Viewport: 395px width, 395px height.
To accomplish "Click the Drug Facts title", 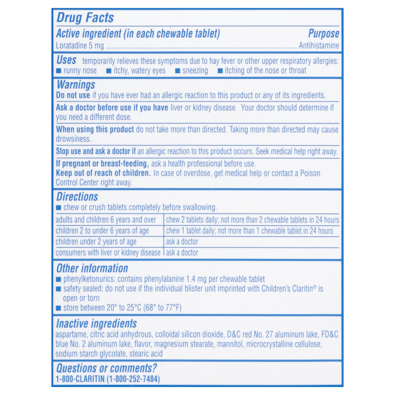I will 85,18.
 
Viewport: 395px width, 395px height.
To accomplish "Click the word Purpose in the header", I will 323,34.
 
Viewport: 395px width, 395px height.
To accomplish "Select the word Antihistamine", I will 319,45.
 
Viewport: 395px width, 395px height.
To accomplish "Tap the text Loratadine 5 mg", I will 80,45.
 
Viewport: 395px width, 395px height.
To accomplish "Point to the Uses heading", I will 66,60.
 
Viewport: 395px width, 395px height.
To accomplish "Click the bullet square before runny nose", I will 59,71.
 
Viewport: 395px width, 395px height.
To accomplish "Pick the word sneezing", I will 195,71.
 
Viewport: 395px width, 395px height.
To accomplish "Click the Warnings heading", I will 76,85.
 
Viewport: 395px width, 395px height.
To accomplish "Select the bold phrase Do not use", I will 73,95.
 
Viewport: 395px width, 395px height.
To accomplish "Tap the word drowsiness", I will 73,139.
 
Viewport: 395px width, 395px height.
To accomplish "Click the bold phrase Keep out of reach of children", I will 103,173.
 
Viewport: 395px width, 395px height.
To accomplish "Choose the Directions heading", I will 77,197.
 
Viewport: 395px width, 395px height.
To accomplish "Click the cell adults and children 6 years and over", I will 106,220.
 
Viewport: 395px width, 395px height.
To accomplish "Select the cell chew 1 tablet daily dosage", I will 250,231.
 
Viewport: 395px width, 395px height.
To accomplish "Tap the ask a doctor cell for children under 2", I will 182,242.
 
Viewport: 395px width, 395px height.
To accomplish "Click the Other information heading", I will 92,268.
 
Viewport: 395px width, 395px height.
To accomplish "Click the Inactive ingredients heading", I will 96,324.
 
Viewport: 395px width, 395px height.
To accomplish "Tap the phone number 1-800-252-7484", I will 133,379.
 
